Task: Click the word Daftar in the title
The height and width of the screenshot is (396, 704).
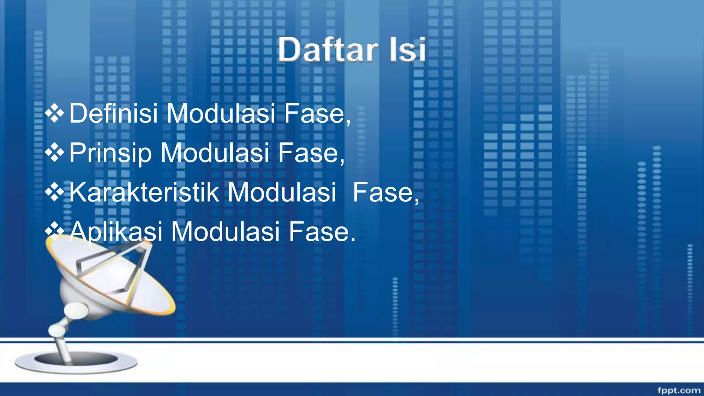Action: (x=328, y=50)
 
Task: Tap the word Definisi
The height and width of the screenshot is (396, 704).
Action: (x=113, y=113)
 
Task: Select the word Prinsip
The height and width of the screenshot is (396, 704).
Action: (x=110, y=153)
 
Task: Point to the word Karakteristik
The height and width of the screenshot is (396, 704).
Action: (x=144, y=192)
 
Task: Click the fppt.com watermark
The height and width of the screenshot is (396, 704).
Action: (x=679, y=390)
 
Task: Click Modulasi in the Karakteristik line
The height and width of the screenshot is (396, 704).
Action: (x=282, y=192)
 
